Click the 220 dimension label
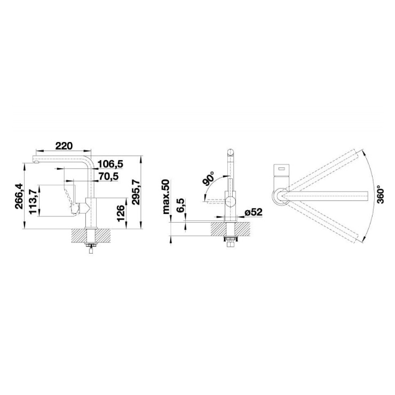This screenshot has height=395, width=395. [64, 146]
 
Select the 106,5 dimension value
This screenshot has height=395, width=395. [110, 164]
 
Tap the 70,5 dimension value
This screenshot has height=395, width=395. [108, 176]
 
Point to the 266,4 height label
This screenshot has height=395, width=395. [19, 196]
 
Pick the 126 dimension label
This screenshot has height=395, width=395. [121, 214]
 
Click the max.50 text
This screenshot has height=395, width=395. [166, 196]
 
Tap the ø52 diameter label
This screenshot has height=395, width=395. [254, 212]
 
